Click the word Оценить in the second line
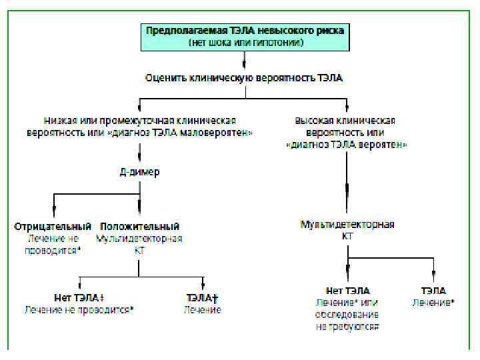(165, 78)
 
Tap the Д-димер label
(139, 172)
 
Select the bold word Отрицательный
(53, 227)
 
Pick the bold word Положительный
(139, 227)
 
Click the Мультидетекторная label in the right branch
(347, 225)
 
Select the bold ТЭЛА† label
(203, 297)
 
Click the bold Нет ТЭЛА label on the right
(347, 291)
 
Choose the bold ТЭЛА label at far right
(433, 291)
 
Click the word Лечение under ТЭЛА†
(203, 309)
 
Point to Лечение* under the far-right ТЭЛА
(433, 302)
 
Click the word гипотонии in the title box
(279, 42)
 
